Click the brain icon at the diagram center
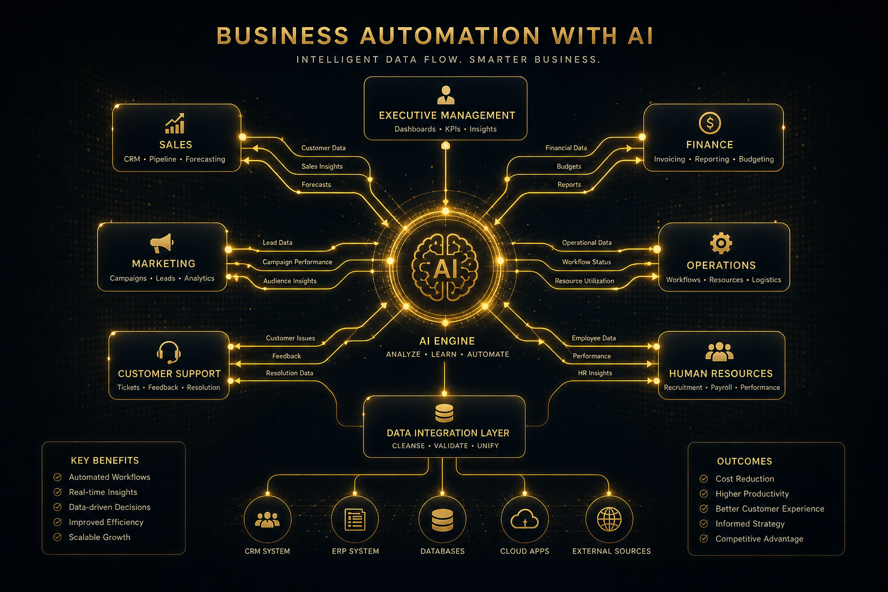pyautogui.click(x=445, y=267)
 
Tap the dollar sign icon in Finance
pyautogui.click(x=709, y=123)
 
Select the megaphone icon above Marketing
pyautogui.click(x=162, y=243)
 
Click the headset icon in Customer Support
pyautogui.click(x=169, y=352)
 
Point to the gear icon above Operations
pyautogui.click(x=721, y=243)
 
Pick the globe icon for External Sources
pyautogui.click(x=609, y=519)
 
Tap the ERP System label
pyautogui.click(x=356, y=551)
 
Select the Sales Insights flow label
pyautogui.click(x=322, y=166)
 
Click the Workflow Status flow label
pyautogui.click(x=586, y=262)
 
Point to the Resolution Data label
pyautogui.click(x=290, y=373)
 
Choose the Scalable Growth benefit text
pyautogui.click(x=99, y=537)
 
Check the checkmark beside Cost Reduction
pyautogui.click(x=704, y=479)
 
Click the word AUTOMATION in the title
pyautogui.click(x=450, y=36)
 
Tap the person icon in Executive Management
pyautogui.click(x=446, y=95)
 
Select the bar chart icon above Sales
pyautogui.click(x=175, y=123)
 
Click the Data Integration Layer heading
pyautogui.click(x=448, y=433)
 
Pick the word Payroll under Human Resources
pyautogui.click(x=721, y=387)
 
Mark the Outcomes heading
pyautogui.click(x=745, y=461)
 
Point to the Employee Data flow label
pyautogui.click(x=594, y=338)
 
